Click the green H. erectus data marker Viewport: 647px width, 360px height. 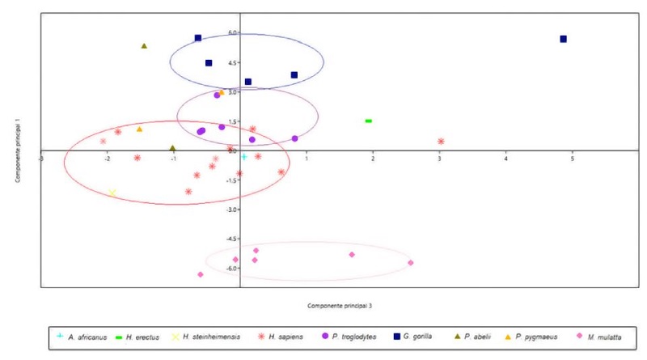pos(369,121)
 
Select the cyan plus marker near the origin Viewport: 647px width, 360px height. pos(243,156)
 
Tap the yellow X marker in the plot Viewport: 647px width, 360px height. pos(112,193)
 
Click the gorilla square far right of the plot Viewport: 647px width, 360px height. pos(563,39)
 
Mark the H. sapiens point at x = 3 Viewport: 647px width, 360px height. pos(441,142)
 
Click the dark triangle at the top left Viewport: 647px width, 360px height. pos(144,46)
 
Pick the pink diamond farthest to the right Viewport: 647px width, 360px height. pos(411,262)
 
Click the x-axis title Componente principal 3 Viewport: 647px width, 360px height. pos(339,306)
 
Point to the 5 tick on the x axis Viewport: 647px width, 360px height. pos(573,158)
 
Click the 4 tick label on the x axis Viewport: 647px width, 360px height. pos(506,158)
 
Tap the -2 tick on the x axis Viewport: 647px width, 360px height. pos(107,158)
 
